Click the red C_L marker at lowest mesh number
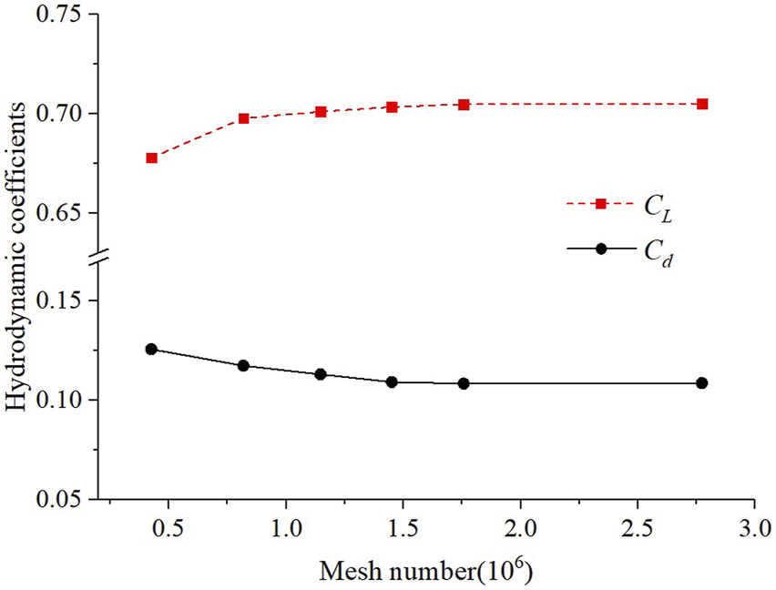click(x=151, y=158)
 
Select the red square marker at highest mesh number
click(x=702, y=105)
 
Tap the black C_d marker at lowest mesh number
click(x=151, y=350)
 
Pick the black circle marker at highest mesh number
click(x=702, y=383)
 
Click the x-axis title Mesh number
click(x=424, y=571)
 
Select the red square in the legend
click(x=600, y=204)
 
